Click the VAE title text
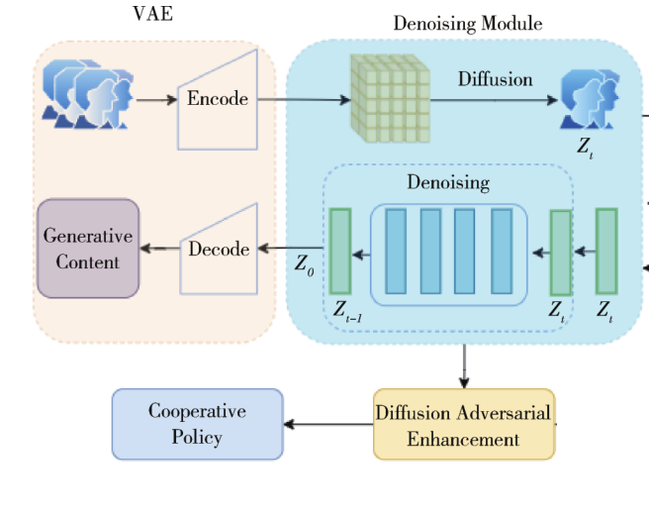pyautogui.click(x=152, y=14)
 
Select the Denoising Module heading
pyautogui.click(x=468, y=23)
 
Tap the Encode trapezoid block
pyautogui.click(x=218, y=99)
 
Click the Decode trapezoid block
pyautogui.click(x=219, y=249)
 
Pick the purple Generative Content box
pyautogui.click(x=88, y=249)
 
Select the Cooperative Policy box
pyautogui.click(x=198, y=424)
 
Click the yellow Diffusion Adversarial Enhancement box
pyautogui.click(x=464, y=424)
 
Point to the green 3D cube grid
pyautogui.click(x=391, y=99)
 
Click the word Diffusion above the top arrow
pyautogui.click(x=495, y=79)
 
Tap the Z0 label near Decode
pyautogui.click(x=305, y=264)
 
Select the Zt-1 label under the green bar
pyautogui.click(x=347, y=311)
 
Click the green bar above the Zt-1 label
pyautogui.click(x=340, y=252)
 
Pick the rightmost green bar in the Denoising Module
pyautogui.click(x=606, y=252)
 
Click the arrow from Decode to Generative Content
pyautogui.click(x=160, y=249)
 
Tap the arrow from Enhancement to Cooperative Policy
pyautogui.click(x=328, y=424)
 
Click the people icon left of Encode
pyautogui.click(x=88, y=94)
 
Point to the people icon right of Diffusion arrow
pyautogui.click(x=590, y=99)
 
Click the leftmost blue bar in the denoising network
pyautogui.click(x=396, y=252)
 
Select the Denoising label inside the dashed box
pyautogui.click(x=448, y=182)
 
